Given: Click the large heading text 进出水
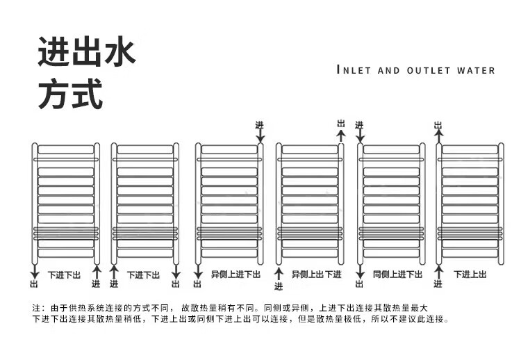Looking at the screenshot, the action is coord(86,54).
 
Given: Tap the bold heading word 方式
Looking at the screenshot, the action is coord(70,95).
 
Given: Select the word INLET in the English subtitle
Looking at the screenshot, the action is coord(355,70).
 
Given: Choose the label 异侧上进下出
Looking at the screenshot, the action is coord(235,275).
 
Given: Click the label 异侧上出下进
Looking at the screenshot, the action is coord(316,275).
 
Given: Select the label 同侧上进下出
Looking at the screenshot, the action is coord(397,275).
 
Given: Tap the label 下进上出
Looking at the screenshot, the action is coord(470,275).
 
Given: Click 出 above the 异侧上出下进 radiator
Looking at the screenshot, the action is coord(340,124).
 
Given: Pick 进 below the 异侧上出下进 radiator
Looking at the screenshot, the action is coord(279,286).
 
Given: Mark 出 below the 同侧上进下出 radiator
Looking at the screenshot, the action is coord(359,284).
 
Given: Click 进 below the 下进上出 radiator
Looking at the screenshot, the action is coord(438,284).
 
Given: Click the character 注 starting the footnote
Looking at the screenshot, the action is coord(37,307).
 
